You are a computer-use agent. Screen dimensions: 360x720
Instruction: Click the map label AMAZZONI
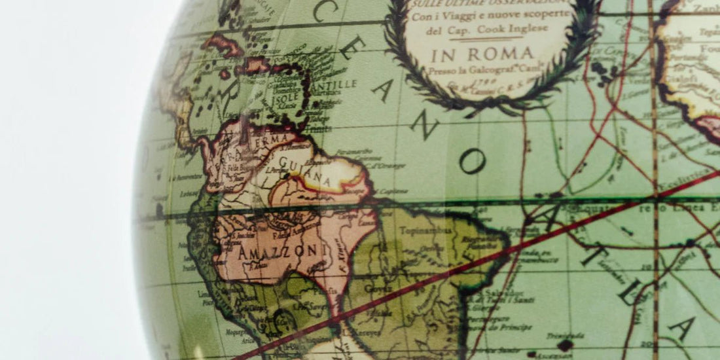[268, 251]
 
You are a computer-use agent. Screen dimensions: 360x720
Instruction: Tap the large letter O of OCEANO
[472, 161]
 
